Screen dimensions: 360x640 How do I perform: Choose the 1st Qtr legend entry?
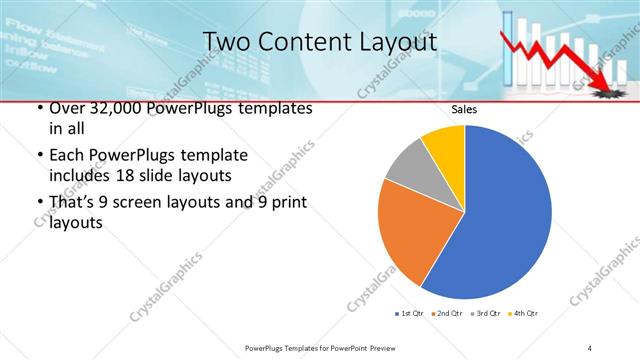point(409,314)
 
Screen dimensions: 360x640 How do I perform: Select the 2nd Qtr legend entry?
point(447,314)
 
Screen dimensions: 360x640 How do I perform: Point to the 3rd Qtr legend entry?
point(486,314)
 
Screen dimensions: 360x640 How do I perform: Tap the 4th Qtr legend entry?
point(524,314)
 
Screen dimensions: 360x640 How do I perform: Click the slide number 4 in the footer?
point(591,347)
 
